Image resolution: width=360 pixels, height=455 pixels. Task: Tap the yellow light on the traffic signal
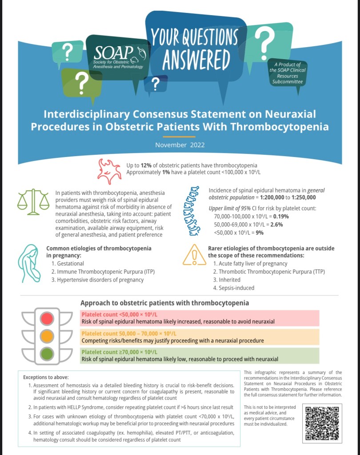[47, 336]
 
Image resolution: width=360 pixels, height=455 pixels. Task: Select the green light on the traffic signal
[47, 354]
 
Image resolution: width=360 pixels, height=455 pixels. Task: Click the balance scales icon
[33, 201]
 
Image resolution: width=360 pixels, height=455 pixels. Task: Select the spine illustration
[194, 210]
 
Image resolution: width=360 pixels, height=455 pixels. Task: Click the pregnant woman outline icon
[30, 264]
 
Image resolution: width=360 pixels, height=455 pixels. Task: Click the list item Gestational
[68, 264]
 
